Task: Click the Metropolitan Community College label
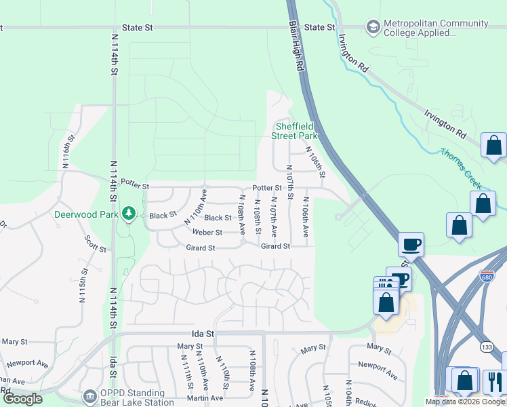436,28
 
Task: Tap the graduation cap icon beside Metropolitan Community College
372,27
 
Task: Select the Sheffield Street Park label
294,131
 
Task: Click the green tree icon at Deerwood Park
129,214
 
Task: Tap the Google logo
22,399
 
